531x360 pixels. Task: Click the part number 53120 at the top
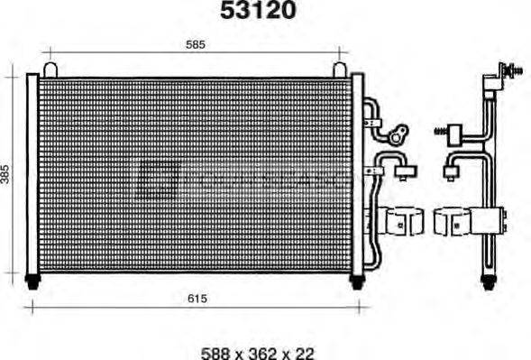coord(259,11)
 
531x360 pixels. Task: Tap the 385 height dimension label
coord(7,173)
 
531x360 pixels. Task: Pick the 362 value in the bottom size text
coord(258,352)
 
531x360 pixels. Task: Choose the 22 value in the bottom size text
coord(304,352)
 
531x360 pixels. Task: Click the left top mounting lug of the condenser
coord(50,69)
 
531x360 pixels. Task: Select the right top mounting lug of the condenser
coord(339,69)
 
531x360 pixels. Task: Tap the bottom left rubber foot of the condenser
coord(33,281)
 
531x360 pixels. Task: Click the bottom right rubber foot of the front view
coord(357,281)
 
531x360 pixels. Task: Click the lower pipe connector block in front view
coord(403,167)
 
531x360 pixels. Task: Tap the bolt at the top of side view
coord(510,70)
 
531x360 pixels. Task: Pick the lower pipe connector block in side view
coord(452,167)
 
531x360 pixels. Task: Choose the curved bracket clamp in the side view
coord(453,222)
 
